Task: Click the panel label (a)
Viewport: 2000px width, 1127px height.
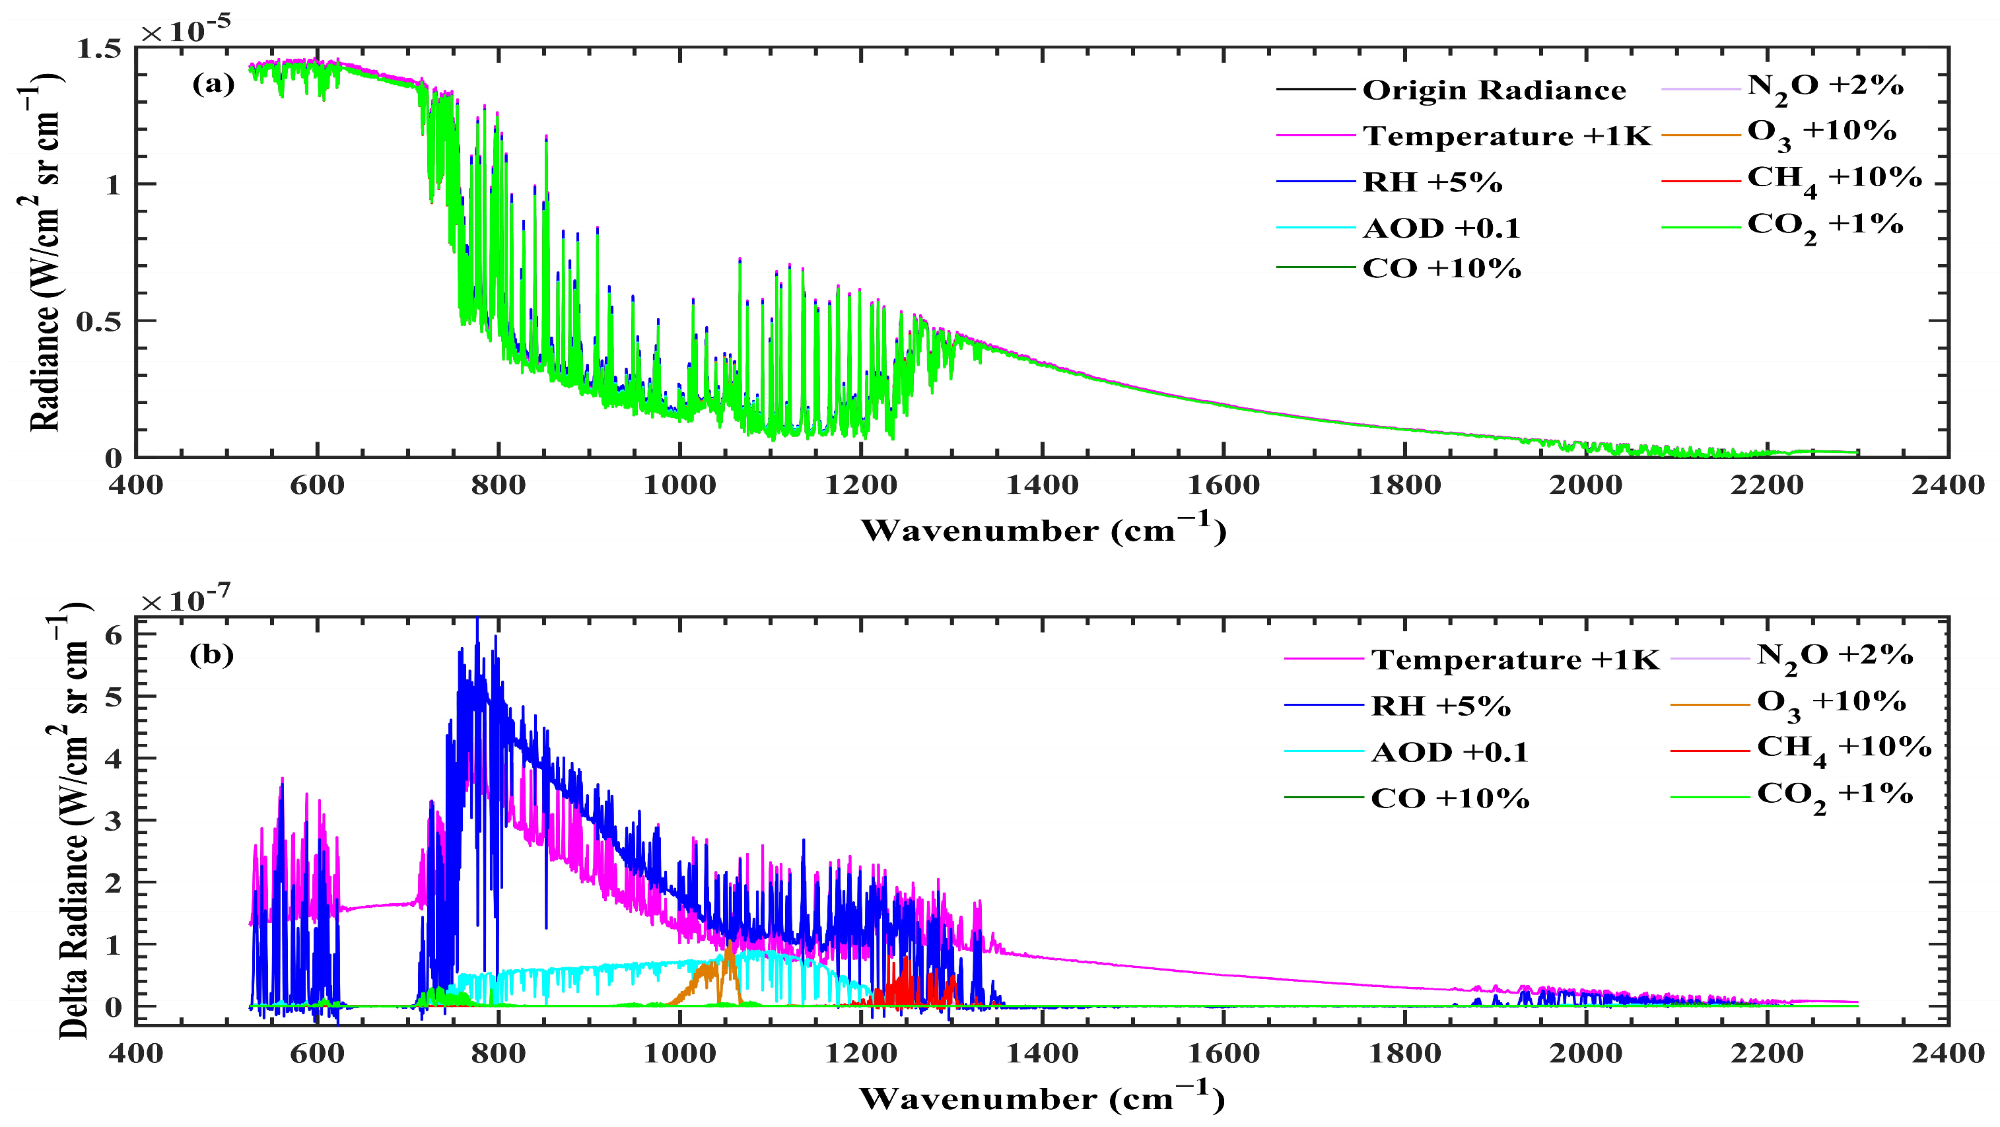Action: [x=213, y=84]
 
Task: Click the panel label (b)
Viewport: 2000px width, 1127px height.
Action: [x=211, y=655]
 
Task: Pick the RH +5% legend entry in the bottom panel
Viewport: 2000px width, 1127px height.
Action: [x=1441, y=706]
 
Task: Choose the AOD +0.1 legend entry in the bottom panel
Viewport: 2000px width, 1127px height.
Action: [x=1449, y=752]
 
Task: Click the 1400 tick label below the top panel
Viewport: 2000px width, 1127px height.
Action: [x=1042, y=485]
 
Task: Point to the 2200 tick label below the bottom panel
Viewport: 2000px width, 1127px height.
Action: [x=1767, y=1053]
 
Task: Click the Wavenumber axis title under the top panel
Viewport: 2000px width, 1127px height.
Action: [x=1043, y=529]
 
